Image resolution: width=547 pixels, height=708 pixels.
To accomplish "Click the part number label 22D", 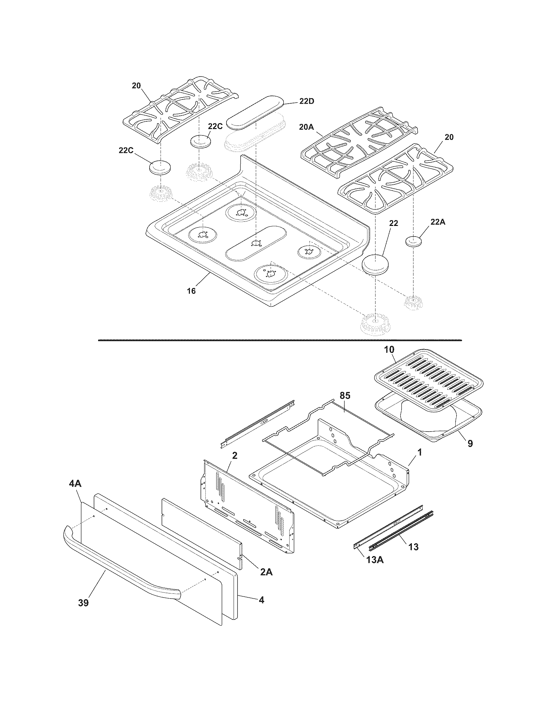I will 306,101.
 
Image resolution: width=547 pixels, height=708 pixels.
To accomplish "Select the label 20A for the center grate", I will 307,127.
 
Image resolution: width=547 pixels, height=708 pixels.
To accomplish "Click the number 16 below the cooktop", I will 191,291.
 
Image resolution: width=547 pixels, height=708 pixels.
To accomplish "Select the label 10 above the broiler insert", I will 389,350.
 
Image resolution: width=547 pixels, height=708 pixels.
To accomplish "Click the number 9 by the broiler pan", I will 470,443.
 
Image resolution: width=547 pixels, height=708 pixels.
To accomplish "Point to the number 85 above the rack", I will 345,396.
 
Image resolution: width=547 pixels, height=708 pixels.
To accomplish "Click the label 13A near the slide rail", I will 375,560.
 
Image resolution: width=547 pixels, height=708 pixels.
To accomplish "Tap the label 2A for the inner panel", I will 266,572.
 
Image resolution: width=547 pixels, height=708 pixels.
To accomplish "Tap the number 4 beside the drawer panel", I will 261,600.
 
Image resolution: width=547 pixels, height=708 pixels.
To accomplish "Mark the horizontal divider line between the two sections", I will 280,340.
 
